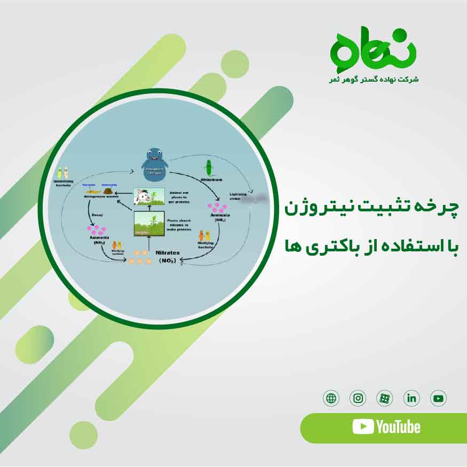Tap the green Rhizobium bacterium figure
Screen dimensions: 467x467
(x=210, y=167)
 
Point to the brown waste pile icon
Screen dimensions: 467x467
(x=109, y=190)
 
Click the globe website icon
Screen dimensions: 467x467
(x=331, y=398)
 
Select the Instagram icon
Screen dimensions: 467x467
(x=358, y=398)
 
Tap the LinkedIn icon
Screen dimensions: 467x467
(x=411, y=398)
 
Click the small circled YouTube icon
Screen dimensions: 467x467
(x=438, y=398)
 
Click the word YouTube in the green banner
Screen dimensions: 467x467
(x=398, y=427)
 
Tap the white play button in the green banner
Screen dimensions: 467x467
(x=363, y=426)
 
